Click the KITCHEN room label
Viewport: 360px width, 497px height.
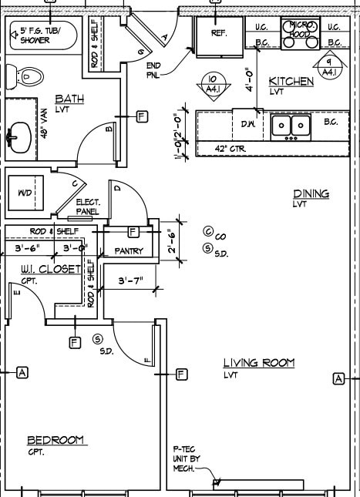291,81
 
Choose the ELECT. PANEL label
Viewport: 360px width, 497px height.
88,207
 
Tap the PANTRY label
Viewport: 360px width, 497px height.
130,251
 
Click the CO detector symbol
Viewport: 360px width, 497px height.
208,231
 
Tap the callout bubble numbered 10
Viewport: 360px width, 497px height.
212,82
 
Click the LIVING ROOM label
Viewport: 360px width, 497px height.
258,363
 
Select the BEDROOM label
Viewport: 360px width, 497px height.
56,440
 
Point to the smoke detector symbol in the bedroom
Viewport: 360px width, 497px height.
98,339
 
